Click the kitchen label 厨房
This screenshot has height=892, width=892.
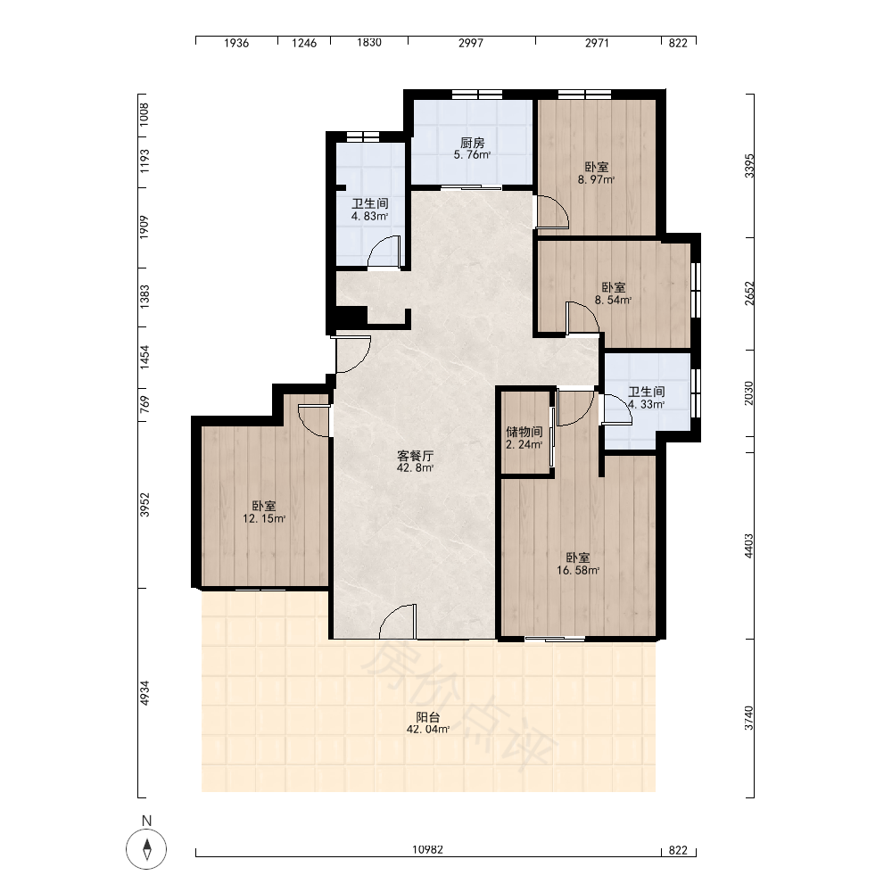[472, 143]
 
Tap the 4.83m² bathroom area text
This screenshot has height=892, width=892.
[370, 216]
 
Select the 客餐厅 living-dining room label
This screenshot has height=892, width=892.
[416, 456]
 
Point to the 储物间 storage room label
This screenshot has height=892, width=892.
[524, 432]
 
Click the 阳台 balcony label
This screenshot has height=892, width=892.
[428, 717]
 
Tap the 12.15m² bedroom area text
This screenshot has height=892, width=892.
[264, 519]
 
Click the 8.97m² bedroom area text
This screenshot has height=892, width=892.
[596, 180]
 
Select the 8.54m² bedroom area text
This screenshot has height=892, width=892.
[614, 301]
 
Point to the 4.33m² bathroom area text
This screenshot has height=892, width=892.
[646, 404]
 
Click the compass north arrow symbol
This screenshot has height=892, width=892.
[147, 849]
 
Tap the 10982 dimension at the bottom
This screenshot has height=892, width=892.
[428, 850]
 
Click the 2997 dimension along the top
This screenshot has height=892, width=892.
[471, 43]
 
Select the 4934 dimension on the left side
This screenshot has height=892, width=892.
[145, 693]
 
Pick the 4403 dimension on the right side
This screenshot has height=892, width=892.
[748, 546]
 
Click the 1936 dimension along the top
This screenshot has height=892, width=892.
[236, 43]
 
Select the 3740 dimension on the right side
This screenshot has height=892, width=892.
[748, 718]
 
